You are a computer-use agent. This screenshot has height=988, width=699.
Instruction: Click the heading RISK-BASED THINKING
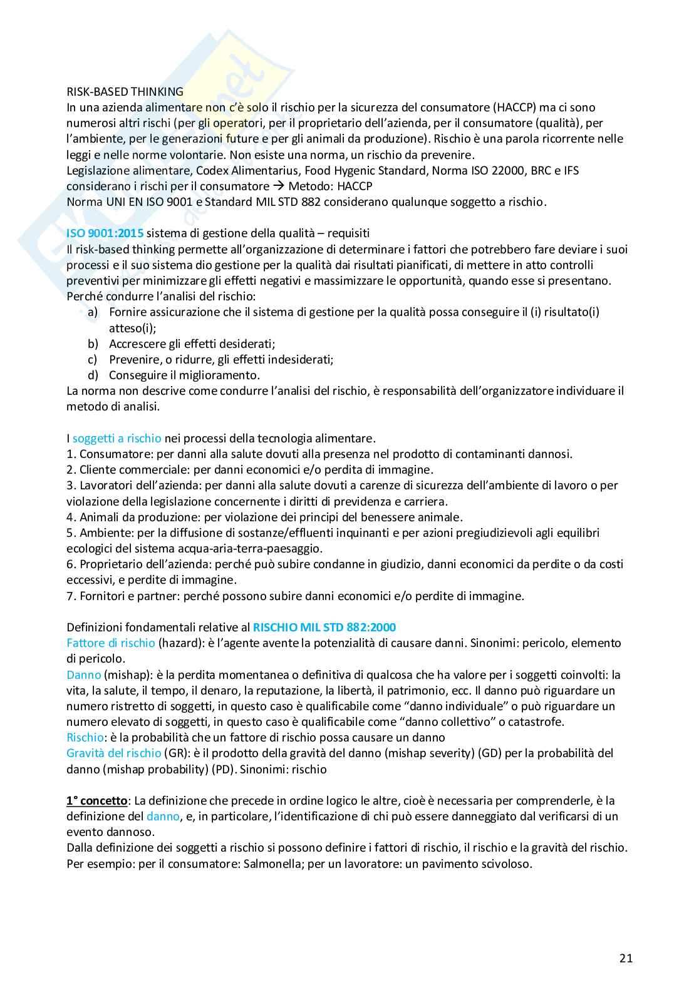click(125, 91)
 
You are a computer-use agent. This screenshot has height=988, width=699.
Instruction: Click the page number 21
click(625, 958)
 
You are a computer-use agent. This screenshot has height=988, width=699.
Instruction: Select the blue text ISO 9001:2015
click(105, 233)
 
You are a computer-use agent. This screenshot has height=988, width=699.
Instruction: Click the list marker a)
click(92, 312)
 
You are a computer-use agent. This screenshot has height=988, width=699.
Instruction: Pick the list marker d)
click(93, 375)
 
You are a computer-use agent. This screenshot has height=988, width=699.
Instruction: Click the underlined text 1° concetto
click(97, 801)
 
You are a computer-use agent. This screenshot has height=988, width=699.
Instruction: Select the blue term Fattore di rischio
click(110, 643)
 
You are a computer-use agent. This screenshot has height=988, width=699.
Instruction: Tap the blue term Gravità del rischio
click(113, 753)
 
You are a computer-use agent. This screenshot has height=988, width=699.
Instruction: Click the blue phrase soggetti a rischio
click(116, 439)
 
